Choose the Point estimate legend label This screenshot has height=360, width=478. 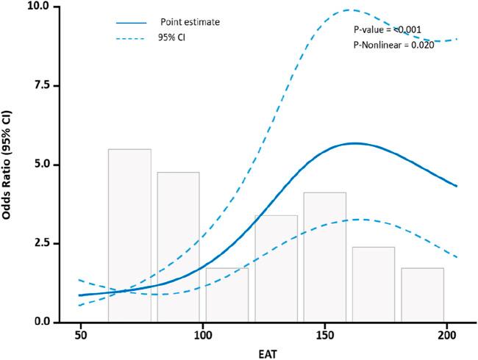(x=190, y=22)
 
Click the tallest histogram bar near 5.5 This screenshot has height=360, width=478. (x=129, y=235)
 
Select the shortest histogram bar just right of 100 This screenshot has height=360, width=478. (x=226, y=295)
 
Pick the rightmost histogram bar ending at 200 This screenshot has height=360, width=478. (x=422, y=295)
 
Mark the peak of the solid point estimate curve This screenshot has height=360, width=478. (x=354, y=143)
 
